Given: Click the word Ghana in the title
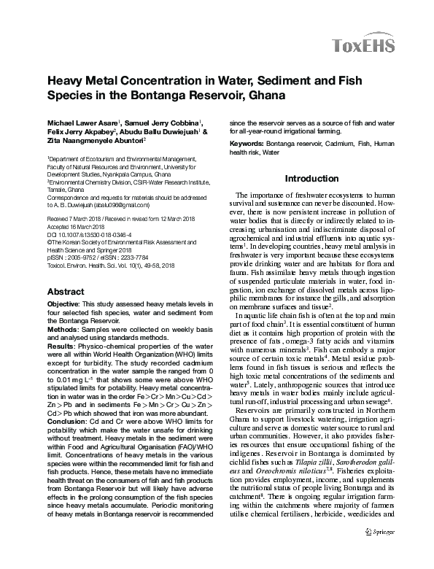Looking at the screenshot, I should click(x=263, y=95).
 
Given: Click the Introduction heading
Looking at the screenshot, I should click(x=311, y=179).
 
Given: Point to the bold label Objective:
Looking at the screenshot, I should click(x=64, y=302).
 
